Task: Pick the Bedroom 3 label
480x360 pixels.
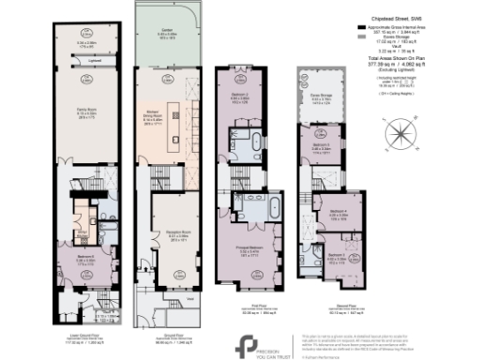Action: click(x=322, y=147)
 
